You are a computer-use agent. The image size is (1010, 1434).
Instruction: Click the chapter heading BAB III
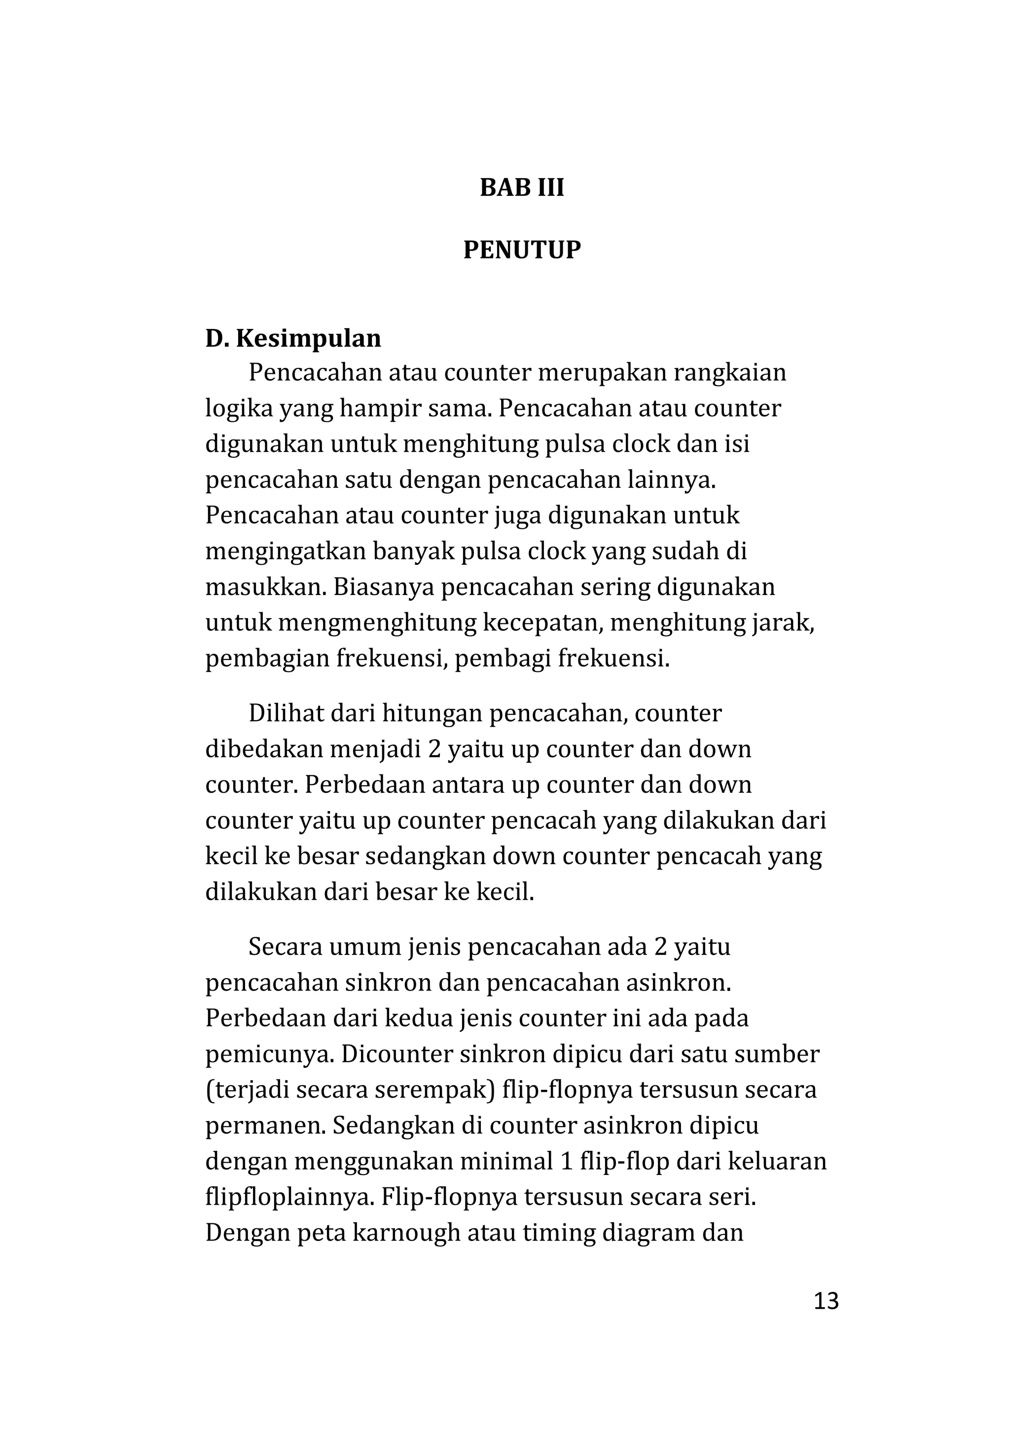pyautogui.click(x=521, y=188)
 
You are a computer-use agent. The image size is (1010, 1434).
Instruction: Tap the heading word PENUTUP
pyautogui.click(x=521, y=251)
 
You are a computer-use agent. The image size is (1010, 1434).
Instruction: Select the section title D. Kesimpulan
pyautogui.click(x=293, y=338)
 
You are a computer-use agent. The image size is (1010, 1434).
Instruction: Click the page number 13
pyautogui.click(x=826, y=1301)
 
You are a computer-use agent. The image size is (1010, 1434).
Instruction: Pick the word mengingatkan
pyautogui.click(x=285, y=552)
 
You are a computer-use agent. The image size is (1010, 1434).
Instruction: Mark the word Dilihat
pyautogui.click(x=285, y=713)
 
